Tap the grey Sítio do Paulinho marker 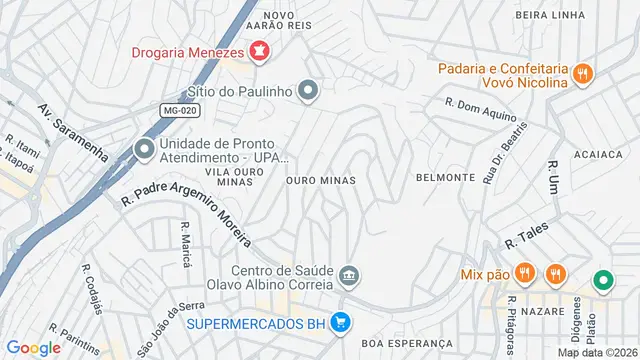tap(309, 91)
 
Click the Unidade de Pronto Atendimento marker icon tap(144, 150)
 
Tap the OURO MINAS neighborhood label tap(320, 181)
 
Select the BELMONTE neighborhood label tap(445, 177)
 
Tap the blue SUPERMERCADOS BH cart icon tap(340, 322)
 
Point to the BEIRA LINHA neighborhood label tap(548, 15)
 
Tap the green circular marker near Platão tap(603, 281)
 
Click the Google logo tap(33, 348)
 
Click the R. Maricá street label tap(186, 245)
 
